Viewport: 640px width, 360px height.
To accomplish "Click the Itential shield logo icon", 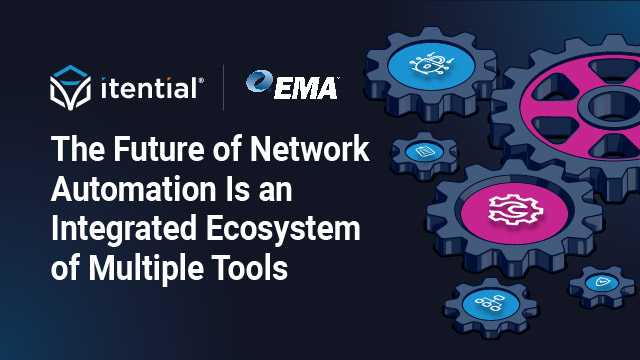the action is pos(71,87).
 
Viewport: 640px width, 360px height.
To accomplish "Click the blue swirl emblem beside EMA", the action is pos(258,86).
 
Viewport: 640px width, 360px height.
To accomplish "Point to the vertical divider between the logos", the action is pos(222,87).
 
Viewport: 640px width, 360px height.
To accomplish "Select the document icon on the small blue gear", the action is pos(424,151).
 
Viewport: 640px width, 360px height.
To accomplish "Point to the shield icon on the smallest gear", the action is pos(602,284).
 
